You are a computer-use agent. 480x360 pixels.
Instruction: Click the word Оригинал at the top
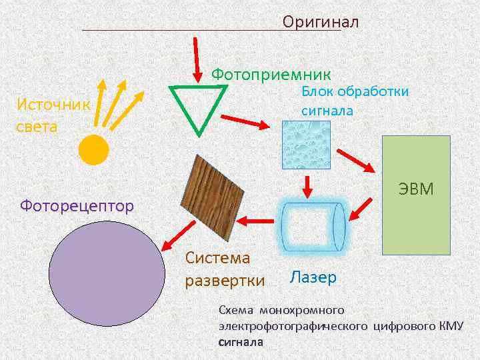point(320,22)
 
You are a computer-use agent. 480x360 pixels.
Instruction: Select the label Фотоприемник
point(271,73)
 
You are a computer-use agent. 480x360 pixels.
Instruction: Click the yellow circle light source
point(93,150)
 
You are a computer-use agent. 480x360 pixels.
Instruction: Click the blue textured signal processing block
point(306,145)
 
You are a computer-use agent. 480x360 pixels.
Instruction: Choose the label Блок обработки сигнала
point(355,101)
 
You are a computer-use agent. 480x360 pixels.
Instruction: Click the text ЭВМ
point(416,189)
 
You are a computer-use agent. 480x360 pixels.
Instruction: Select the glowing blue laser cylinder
point(311,225)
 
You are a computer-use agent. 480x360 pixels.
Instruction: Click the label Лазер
point(313,277)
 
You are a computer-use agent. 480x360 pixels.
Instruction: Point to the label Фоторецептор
point(77,205)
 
